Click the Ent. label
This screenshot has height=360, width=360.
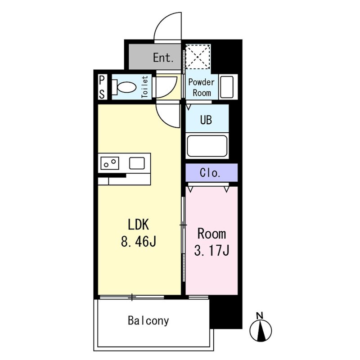(163, 58)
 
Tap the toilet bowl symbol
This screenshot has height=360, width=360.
(124, 87)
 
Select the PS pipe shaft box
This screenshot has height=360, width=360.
(102, 87)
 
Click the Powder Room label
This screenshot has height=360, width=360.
(201, 87)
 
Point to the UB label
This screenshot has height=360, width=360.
(206, 120)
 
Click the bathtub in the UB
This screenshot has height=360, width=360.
(207, 146)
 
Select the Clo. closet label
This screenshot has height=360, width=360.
(210, 173)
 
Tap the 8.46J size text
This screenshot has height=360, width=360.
(139, 241)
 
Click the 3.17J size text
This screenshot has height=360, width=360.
(211, 250)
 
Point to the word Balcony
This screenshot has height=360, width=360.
(148, 320)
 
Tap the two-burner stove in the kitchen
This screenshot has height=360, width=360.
(110, 163)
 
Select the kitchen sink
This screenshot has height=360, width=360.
(137, 163)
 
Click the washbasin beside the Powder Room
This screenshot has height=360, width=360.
(227, 87)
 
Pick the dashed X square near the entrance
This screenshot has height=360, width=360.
(198, 57)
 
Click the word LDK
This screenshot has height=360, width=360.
(139, 225)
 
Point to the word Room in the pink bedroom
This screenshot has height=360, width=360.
(211, 234)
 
